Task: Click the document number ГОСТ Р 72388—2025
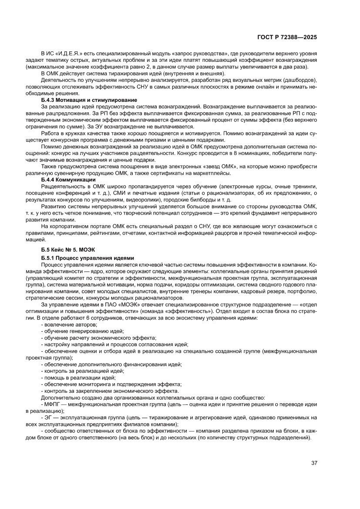point(286,37)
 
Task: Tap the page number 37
point(314,463)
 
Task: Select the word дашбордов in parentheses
point(301,81)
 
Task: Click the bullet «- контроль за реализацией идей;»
point(76,371)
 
